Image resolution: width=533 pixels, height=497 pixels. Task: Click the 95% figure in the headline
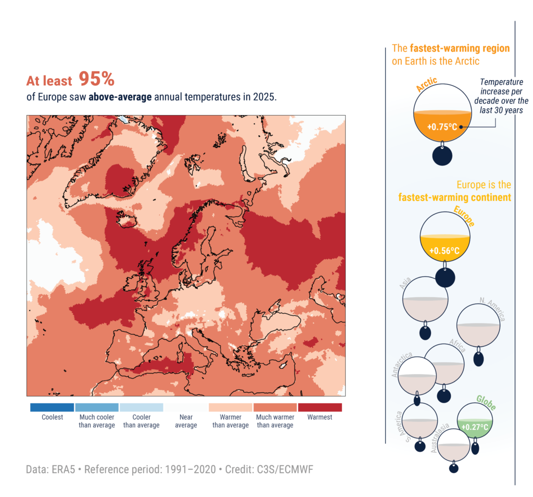[96, 79]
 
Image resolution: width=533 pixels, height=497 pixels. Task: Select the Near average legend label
[186, 421]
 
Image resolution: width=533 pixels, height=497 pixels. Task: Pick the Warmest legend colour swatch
[320, 407]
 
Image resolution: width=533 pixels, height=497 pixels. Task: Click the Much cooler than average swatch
[97, 407]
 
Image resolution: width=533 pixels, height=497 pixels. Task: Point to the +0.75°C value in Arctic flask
[441, 126]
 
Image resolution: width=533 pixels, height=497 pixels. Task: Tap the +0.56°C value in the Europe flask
[445, 251]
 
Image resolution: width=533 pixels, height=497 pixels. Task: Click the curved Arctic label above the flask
[427, 84]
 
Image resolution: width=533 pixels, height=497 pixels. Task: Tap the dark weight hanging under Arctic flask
[442, 156]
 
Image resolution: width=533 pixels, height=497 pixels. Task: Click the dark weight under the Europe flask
[445, 277]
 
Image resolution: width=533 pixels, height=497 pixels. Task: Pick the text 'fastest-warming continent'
[454, 197]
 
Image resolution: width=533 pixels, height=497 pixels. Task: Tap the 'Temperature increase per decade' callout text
[501, 96]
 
